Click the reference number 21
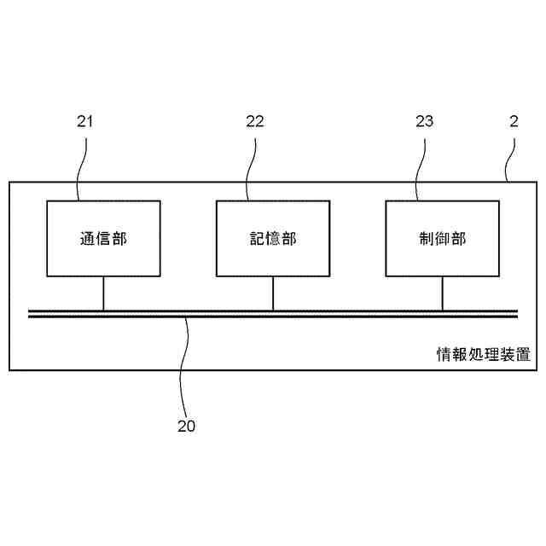pos(84,121)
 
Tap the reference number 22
pos(255,121)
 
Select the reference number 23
pos(425,121)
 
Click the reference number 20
pos(186,426)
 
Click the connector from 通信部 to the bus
pos(103,293)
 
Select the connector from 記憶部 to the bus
pos(273,293)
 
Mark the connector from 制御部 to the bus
pos(442,293)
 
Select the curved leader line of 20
pos(184,367)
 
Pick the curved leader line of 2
pos(511,158)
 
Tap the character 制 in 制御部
pos(427,239)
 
